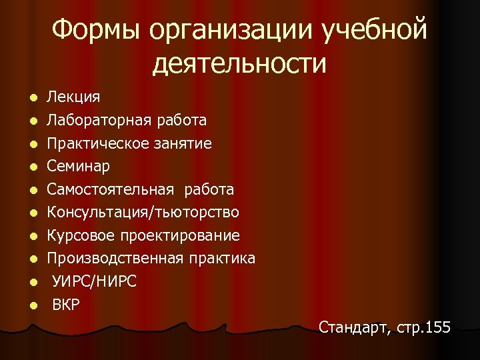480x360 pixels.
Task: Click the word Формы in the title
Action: tap(96, 31)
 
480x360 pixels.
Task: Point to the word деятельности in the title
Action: tap(239, 64)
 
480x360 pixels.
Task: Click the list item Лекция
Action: tap(73, 97)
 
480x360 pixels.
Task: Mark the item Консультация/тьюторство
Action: tap(143, 212)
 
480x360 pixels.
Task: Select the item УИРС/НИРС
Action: tap(95, 281)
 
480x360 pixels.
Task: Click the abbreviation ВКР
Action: tap(66, 305)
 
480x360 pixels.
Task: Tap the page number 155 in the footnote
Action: tap(437, 328)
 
